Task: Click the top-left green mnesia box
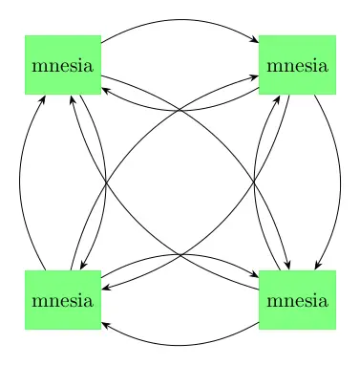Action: pyautogui.click(x=63, y=66)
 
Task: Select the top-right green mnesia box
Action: pyautogui.click(x=298, y=66)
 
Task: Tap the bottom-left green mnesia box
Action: pyautogui.click(x=63, y=301)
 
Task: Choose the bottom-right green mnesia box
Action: pyautogui.click(x=298, y=301)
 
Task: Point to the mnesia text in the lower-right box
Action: pyautogui.click(x=298, y=302)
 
